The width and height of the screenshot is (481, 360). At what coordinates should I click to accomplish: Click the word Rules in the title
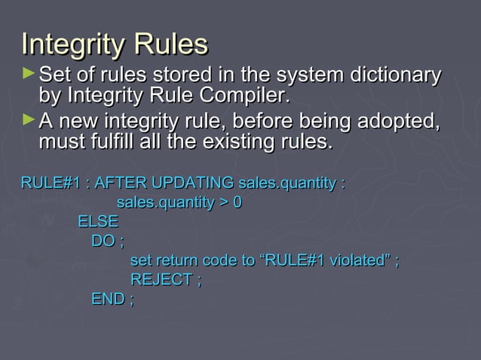click(x=171, y=44)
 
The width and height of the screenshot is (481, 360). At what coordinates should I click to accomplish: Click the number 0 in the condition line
click(x=237, y=203)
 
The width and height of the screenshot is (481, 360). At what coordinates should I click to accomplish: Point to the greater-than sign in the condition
click(x=222, y=203)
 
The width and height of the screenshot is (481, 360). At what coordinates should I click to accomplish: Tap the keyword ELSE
click(x=98, y=222)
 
